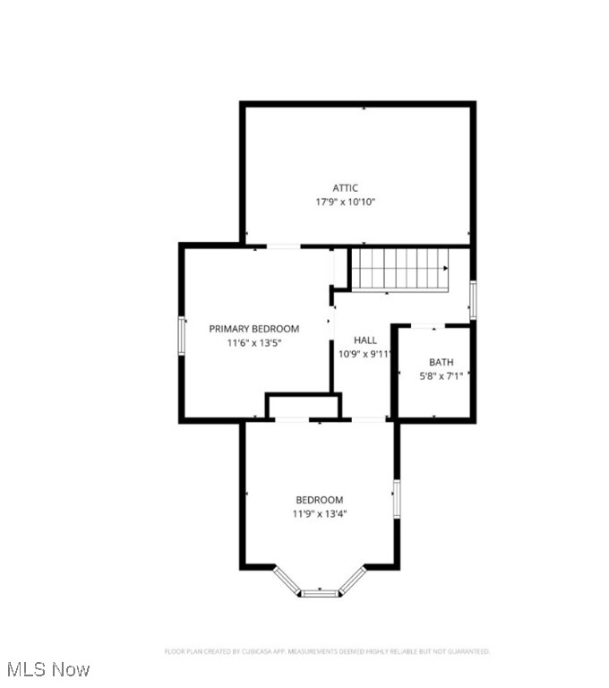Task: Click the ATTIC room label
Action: click(346, 187)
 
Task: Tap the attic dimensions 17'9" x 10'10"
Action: click(346, 202)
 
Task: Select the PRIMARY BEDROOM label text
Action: click(254, 329)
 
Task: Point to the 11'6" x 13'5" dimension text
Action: click(254, 343)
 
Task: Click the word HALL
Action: click(365, 340)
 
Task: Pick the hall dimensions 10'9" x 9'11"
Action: click(365, 354)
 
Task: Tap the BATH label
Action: click(441, 362)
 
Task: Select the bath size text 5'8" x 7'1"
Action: click(441, 376)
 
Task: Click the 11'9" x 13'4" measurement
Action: click(320, 514)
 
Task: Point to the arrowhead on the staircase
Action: click(444, 268)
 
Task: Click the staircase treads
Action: click(399, 269)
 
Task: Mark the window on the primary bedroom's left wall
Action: click(182, 336)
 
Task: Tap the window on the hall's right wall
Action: click(473, 299)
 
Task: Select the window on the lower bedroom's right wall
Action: click(396, 499)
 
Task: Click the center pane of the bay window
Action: click(320, 592)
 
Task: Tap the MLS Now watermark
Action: click(48, 669)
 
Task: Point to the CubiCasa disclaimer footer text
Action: click(326, 651)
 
